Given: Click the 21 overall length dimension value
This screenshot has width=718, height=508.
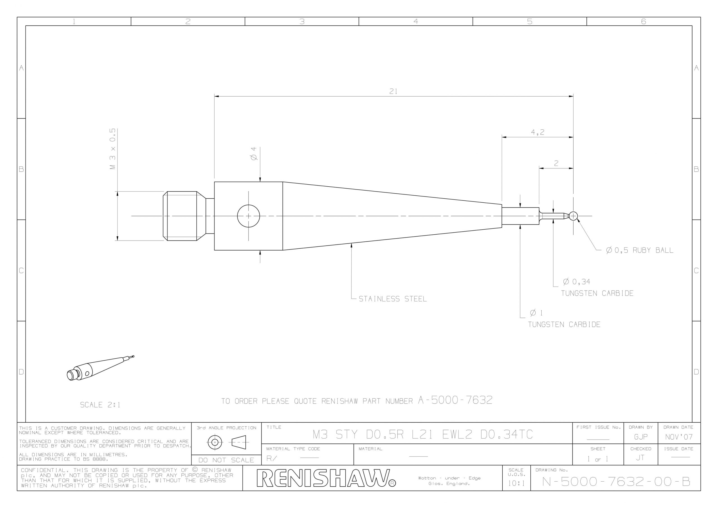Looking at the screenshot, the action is [x=393, y=91].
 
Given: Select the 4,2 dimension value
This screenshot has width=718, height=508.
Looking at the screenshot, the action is [x=538, y=132].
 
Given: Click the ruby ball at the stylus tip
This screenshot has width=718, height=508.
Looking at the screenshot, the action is [x=573, y=216].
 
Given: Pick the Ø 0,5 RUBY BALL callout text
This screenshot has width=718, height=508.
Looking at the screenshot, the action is [x=639, y=250].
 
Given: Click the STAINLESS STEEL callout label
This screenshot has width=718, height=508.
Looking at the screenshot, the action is [x=393, y=299].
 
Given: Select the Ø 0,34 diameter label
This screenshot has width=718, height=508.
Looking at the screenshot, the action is [x=576, y=282].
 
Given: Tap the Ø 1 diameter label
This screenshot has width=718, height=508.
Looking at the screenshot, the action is [x=537, y=313].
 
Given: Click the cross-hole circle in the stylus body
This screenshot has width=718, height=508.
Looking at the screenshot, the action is [x=248, y=205].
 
